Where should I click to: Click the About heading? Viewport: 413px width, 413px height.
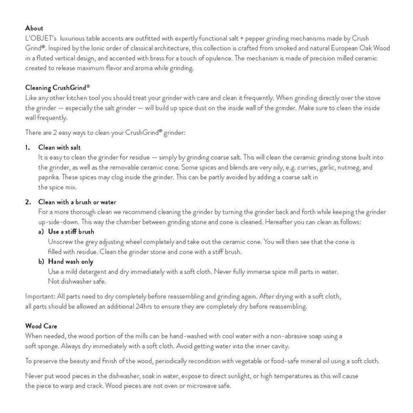coord(34,28)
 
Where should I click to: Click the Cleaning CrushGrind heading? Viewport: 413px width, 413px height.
coord(57,88)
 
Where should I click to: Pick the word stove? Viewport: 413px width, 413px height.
coord(372,98)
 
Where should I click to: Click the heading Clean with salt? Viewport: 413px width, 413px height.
coord(59,147)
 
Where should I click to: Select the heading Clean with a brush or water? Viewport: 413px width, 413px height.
coord(77,202)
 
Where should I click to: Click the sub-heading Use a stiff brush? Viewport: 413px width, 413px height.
coord(71,232)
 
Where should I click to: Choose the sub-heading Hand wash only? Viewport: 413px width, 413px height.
coord(71,261)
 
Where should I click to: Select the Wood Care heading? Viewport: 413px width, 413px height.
coord(41,326)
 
